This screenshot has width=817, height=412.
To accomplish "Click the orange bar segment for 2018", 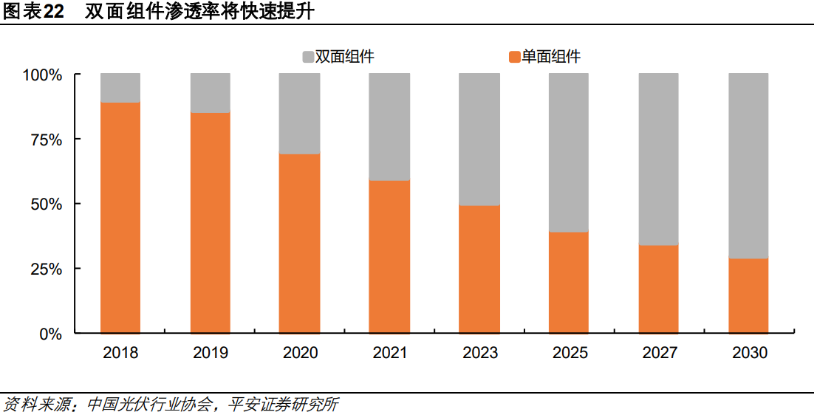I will coord(120,218).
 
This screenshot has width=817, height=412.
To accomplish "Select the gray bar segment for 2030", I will coord(748,165).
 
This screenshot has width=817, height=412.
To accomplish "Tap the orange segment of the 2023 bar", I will coord(479,269).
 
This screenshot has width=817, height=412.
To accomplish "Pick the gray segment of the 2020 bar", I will coord(300,114).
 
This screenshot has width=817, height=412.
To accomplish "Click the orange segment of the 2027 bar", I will coord(659,289).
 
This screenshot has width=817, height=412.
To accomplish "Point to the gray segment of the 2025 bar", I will coord(569,152).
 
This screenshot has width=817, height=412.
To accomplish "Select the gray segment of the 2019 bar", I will coord(211,93).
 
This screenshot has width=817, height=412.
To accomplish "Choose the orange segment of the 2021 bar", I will coord(389,257).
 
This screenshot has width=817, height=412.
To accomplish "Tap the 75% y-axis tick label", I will coord(47,140).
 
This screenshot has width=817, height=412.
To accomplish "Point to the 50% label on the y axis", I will coord(47,204).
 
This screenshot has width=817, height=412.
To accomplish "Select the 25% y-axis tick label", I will coord(47,269).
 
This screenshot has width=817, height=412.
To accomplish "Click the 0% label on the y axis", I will coord(50,334).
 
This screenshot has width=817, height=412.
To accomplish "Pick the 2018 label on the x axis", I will coord(120,353).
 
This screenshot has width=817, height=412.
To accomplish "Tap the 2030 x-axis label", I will coord(749,353).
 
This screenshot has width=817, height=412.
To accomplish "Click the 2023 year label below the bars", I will coord(479,353).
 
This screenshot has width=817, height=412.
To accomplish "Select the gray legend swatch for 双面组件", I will coord(308,57).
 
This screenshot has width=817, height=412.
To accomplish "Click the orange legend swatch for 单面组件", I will coord(515,57).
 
